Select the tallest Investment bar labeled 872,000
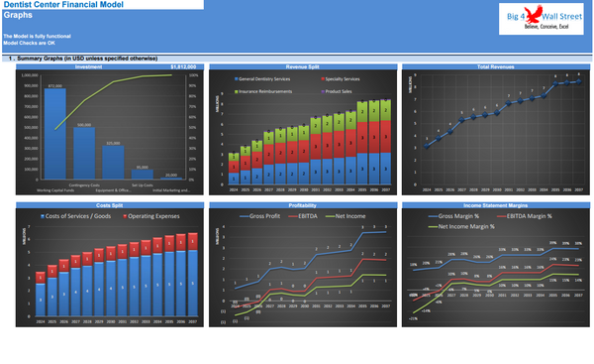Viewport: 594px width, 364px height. pyautogui.click(x=54, y=135)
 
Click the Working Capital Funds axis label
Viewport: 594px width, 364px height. pyautogui.click(x=55, y=188)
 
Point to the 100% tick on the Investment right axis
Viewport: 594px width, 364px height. pyautogui.click(x=194, y=74)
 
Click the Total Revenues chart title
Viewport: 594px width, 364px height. pyautogui.click(x=495, y=67)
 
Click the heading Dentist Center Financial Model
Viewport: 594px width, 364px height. pyautogui.click(x=64, y=5)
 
